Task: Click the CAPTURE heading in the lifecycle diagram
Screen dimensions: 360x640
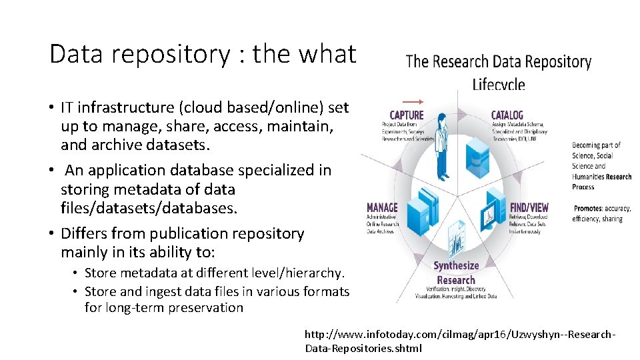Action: tap(407, 115)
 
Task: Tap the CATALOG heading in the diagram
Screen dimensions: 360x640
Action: tap(507, 115)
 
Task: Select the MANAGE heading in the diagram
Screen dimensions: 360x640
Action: tap(382, 208)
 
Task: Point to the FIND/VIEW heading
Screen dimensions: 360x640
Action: tap(529, 208)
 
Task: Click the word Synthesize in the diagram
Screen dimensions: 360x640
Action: tap(456, 265)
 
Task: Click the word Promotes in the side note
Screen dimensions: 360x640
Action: tap(588, 208)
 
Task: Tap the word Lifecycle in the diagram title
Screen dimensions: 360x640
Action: tap(498, 85)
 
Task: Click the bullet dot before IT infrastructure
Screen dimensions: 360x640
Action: tap(51, 108)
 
